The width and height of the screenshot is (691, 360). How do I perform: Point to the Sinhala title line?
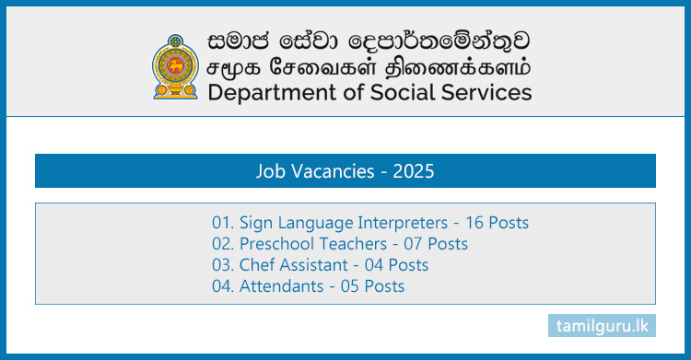(363, 41)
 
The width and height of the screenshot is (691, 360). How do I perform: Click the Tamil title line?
(363, 66)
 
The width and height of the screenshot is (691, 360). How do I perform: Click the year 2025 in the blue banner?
(414, 171)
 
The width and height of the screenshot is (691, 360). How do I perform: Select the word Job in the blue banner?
(272, 171)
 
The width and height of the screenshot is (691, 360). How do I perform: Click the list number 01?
(222, 223)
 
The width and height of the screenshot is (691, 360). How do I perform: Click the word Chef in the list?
(256, 265)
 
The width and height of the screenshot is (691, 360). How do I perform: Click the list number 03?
(222, 265)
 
